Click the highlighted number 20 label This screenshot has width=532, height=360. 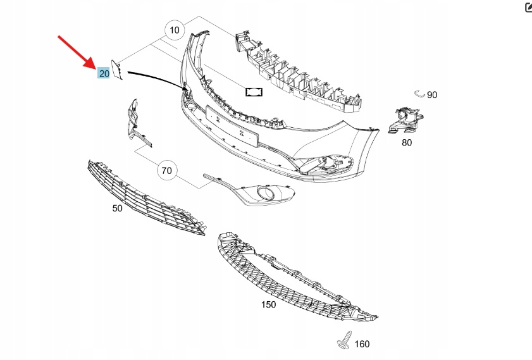click(103, 73)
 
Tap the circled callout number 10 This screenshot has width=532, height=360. click(175, 30)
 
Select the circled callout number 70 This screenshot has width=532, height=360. click(167, 171)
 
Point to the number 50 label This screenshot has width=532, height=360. click(117, 208)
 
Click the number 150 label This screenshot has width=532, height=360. click(268, 304)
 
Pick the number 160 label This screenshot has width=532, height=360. click(362, 344)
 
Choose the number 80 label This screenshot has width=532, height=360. click(407, 142)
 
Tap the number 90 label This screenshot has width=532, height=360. click(432, 95)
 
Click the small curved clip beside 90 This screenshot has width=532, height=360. click(419, 94)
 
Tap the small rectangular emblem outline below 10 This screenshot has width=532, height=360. click(254, 92)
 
